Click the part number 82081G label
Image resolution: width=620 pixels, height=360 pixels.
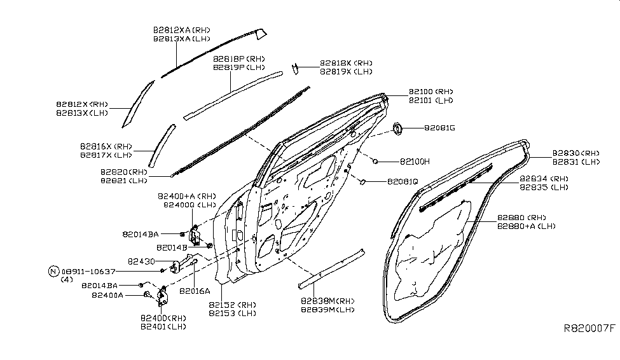pos(440,128)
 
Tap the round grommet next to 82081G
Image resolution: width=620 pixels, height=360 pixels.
pos(399,129)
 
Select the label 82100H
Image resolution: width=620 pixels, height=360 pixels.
pos(415,162)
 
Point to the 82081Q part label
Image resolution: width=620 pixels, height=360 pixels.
pos(403,182)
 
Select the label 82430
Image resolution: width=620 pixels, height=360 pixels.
pos(142,261)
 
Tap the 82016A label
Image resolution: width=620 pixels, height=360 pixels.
pos(194,291)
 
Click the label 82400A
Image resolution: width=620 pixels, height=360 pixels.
pos(107,295)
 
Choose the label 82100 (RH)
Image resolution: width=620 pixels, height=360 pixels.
pos(431,92)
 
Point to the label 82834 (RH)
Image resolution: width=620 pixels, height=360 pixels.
pos(543,179)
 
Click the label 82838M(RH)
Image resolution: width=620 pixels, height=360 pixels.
pos(328,301)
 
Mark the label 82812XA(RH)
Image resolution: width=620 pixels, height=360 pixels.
pos(181,30)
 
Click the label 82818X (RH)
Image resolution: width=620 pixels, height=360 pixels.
pos(346,63)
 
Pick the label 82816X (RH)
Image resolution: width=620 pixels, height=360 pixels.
pos(106,146)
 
